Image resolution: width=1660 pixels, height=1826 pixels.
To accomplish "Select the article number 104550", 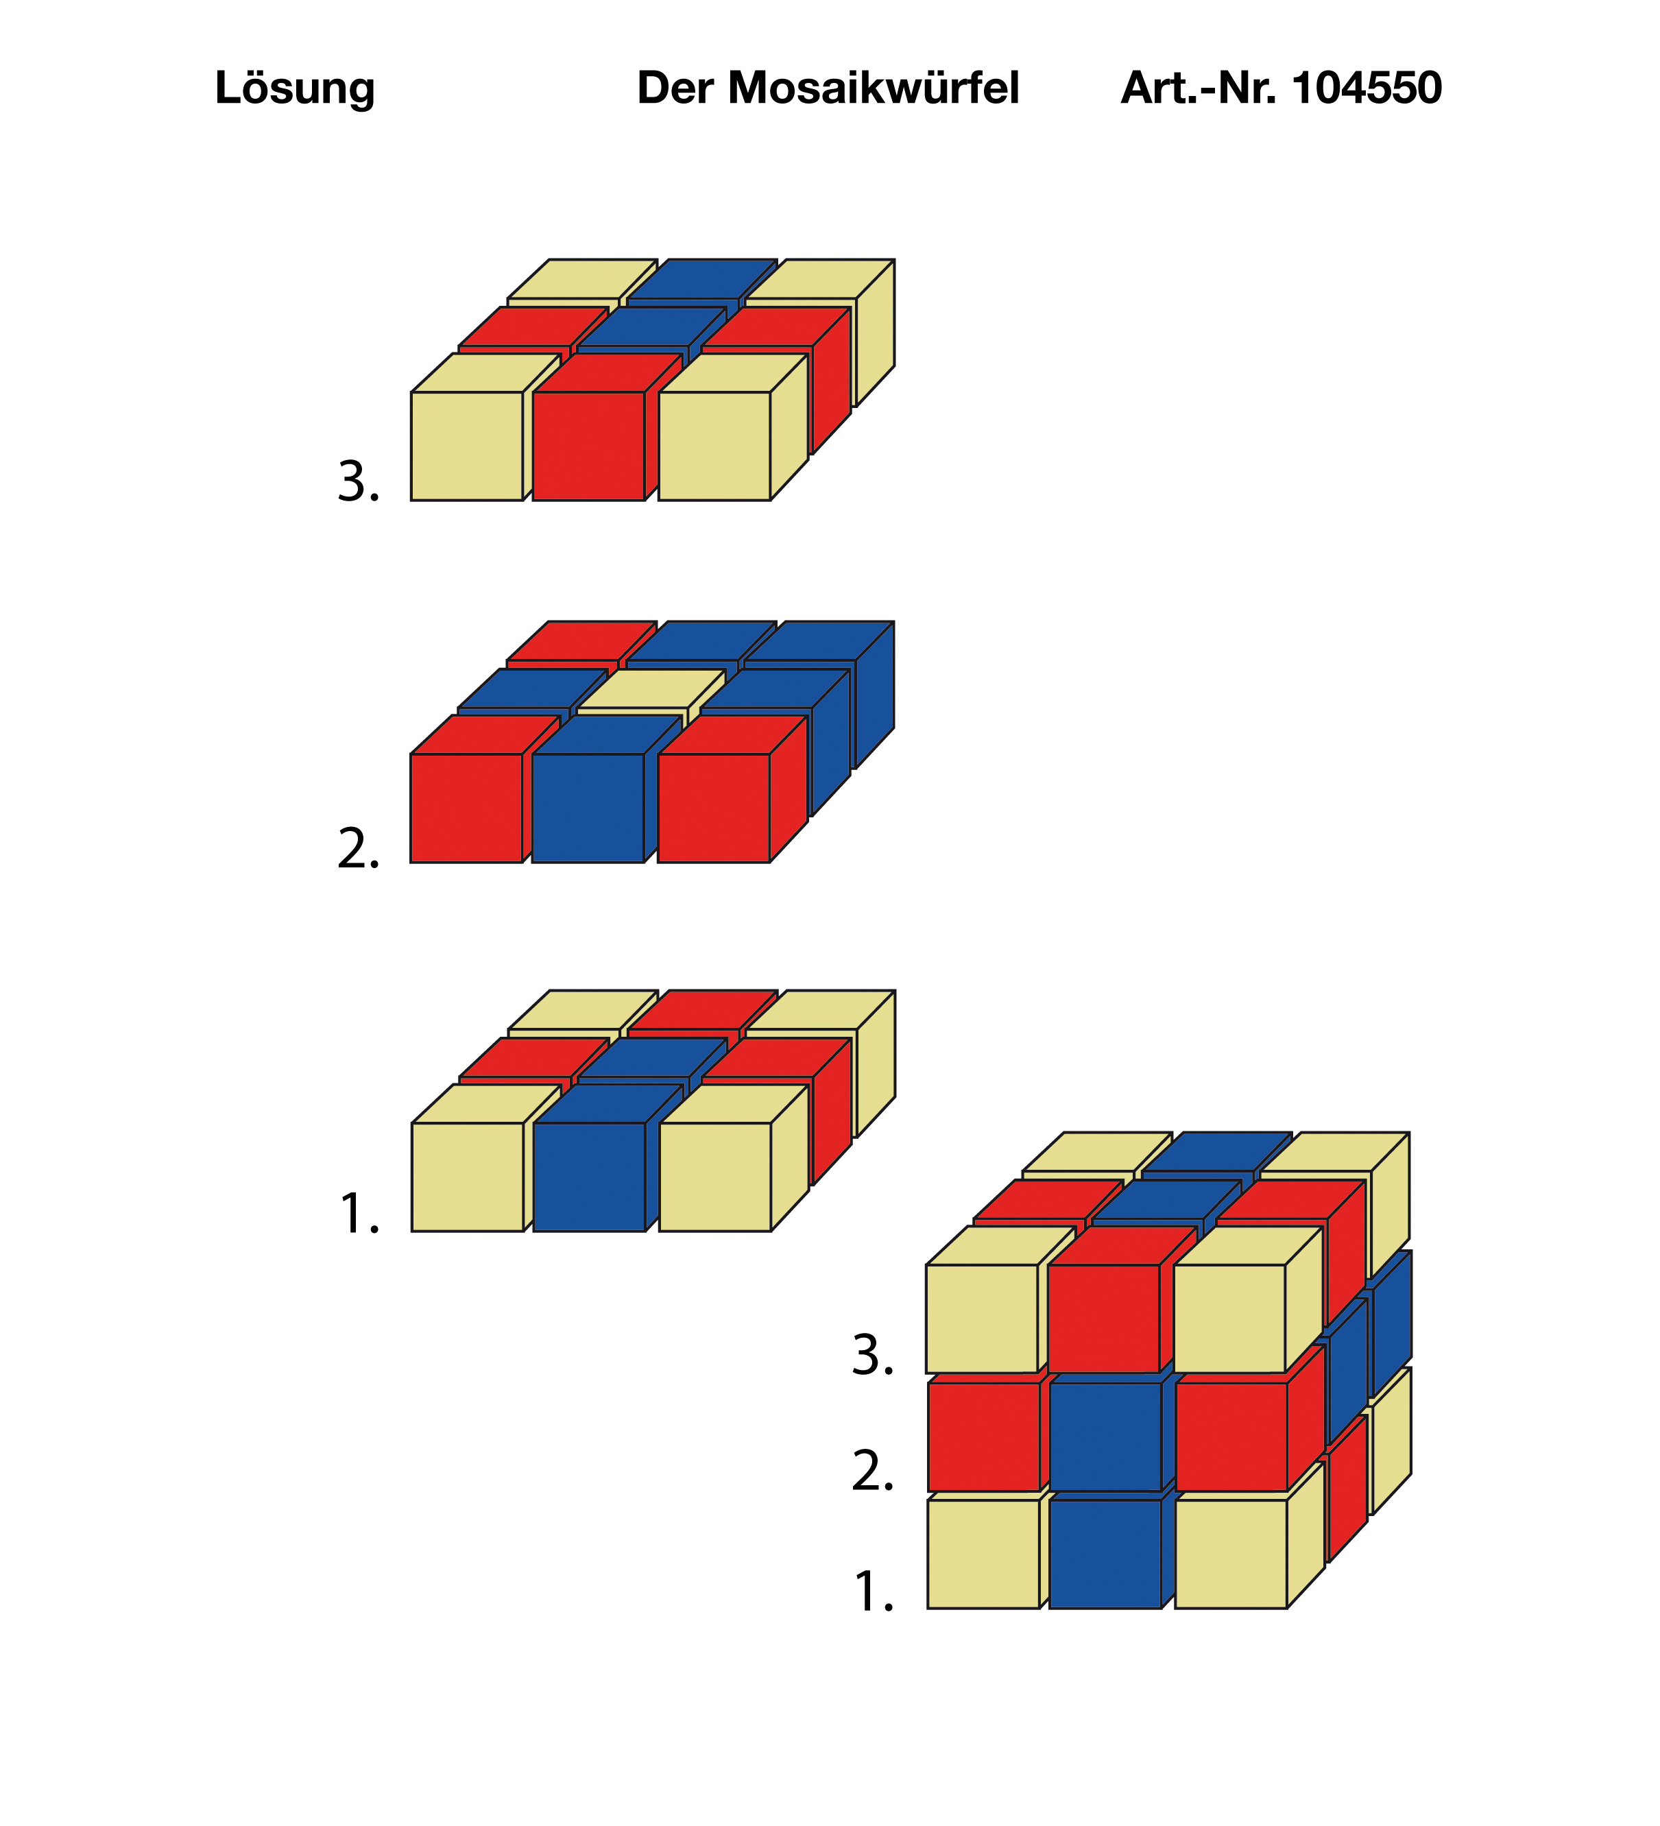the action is pyautogui.click(x=1367, y=88).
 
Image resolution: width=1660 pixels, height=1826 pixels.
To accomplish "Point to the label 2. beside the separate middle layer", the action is pyautogui.click(x=359, y=849).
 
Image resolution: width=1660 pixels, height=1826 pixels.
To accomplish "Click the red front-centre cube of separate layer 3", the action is pyautogui.click(x=589, y=446).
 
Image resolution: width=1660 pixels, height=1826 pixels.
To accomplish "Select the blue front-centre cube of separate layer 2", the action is pyautogui.click(x=588, y=808).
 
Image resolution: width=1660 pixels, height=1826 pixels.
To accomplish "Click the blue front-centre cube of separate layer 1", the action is pyautogui.click(x=590, y=1177).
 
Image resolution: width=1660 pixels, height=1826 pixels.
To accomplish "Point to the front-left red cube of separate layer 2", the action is pyautogui.click(x=466, y=808).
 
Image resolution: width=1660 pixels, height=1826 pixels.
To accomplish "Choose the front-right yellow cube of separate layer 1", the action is pyautogui.click(x=715, y=1177).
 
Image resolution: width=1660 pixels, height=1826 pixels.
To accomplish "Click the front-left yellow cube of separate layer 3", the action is pyautogui.click(x=468, y=446).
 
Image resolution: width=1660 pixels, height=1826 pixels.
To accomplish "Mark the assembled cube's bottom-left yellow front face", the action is pyautogui.click(x=983, y=1554).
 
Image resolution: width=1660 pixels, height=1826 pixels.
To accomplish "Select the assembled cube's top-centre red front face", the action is pyautogui.click(x=1104, y=1319).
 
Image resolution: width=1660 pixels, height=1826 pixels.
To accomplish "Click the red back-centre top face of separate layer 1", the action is pyautogui.click(x=703, y=1010).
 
